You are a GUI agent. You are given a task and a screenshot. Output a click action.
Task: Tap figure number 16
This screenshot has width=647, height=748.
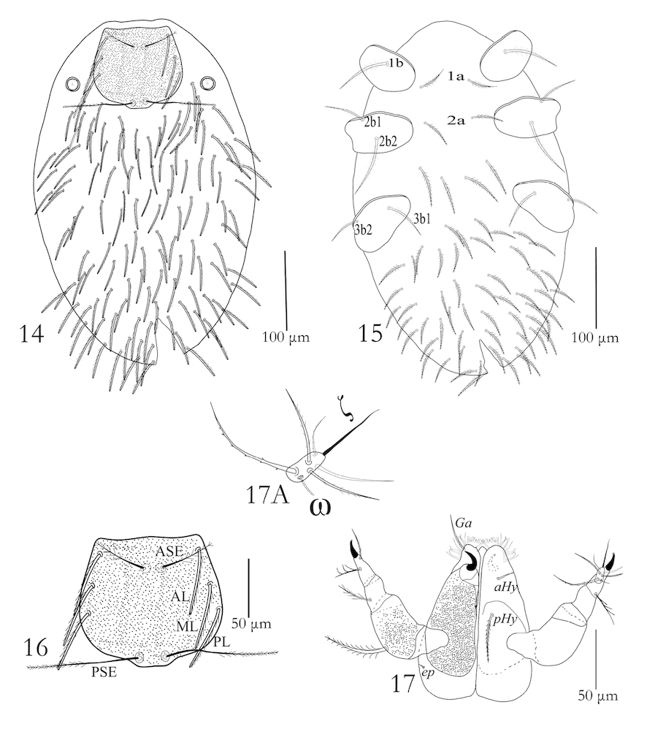[x=35, y=649]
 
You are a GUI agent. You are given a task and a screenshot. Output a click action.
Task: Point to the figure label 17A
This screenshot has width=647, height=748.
[x=267, y=495]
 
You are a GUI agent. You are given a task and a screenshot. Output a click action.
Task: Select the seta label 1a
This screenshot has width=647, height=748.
[x=456, y=75]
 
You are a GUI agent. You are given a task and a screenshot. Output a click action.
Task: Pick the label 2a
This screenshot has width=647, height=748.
[x=456, y=121]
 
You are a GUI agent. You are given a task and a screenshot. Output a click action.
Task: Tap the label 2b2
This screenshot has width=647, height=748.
[x=388, y=142]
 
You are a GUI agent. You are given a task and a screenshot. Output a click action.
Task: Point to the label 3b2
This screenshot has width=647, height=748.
[x=363, y=229]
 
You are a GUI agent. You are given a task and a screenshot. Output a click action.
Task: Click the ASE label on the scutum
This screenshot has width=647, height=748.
[x=169, y=552]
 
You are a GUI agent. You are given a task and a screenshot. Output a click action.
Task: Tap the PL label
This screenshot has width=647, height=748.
[x=221, y=643]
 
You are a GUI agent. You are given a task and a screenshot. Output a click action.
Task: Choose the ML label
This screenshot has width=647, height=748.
[x=187, y=627]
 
